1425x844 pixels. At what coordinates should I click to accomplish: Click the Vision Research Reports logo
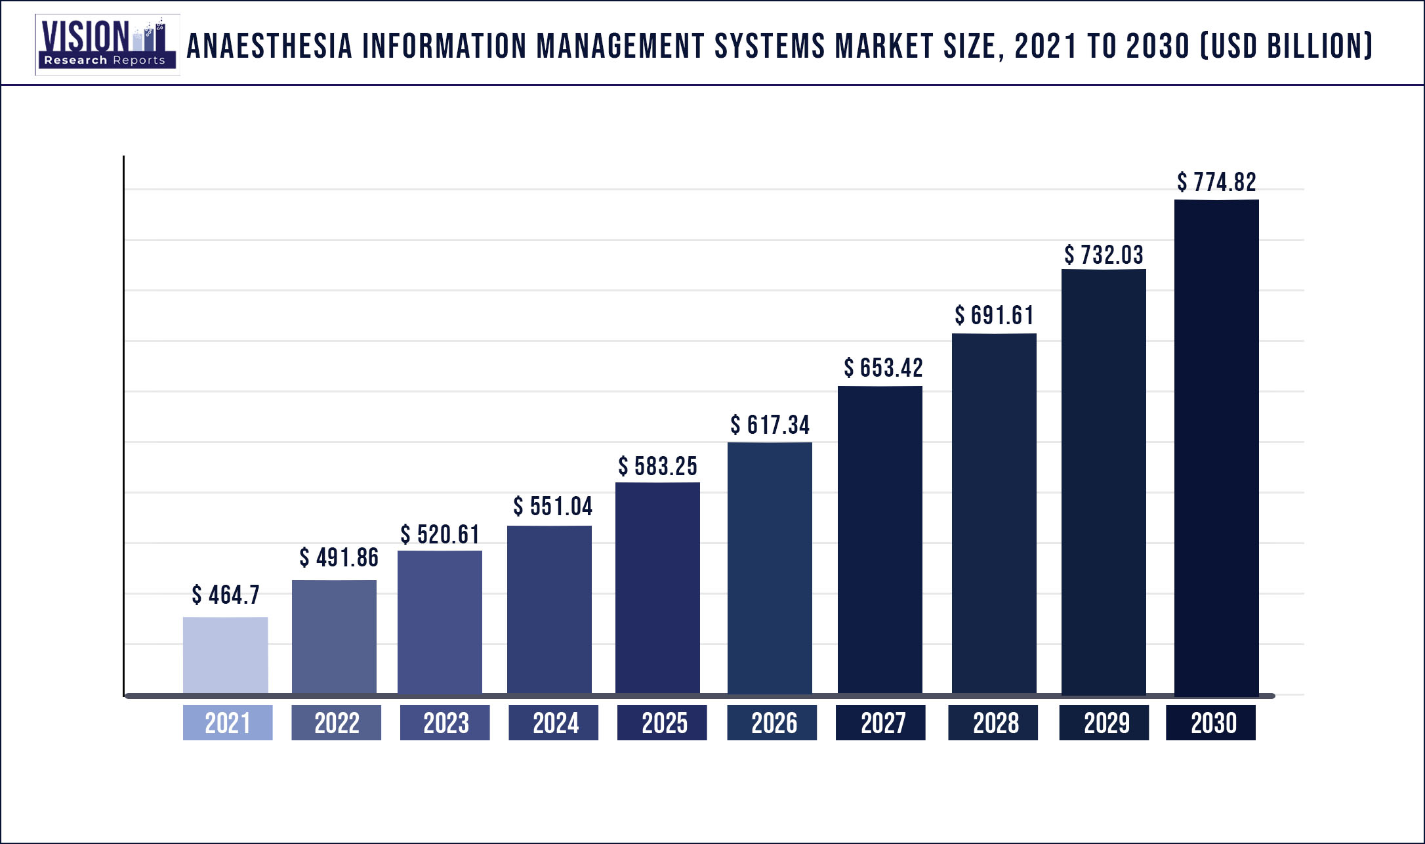point(107,45)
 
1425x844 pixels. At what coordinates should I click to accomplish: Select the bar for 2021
point(225,654)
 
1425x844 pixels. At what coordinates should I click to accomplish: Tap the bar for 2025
point(657,587)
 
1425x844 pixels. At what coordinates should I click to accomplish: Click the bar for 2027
point(880,539)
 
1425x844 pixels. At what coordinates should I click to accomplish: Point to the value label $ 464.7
point(225,595)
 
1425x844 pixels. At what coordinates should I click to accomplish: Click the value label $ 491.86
point(339,557)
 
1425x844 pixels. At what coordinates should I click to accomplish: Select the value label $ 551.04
point(552,506)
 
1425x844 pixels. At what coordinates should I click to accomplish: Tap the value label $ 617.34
point(770,425)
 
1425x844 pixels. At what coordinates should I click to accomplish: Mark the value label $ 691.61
point(994,315)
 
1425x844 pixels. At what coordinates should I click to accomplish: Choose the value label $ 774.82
point(1216,182)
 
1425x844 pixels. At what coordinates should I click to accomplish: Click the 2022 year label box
point(336,723)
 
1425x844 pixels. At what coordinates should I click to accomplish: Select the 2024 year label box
point(553,723)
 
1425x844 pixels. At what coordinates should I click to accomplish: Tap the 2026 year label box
point(772,723)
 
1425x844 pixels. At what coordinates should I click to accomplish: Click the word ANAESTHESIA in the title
point(270,46)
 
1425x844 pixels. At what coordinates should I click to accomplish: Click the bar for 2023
point(440,622)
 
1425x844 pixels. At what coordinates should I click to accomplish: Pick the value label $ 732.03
point(1104,255)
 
